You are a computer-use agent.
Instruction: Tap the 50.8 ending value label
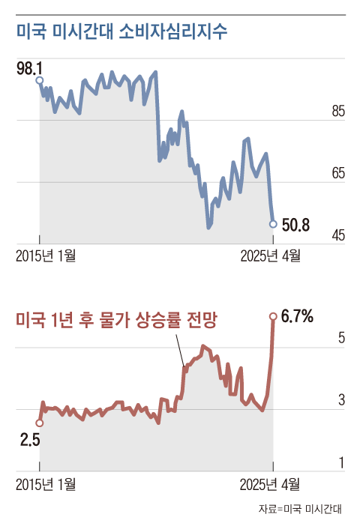(x=295, y=224)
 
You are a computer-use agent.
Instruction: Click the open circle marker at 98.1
(x=40, y=80)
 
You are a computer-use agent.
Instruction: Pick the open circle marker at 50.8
(x=273, y=224)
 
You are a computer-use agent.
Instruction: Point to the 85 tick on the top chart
(x=337, y=112)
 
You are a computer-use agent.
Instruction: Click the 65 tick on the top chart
(x=337, y=174)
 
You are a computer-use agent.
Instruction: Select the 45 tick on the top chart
(x=337, y=236)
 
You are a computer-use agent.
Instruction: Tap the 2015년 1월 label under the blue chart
(x=46, y=256)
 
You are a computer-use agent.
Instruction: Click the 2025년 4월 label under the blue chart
(x=270, y=256)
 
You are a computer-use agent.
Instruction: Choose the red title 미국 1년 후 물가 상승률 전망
(x=116, y=321)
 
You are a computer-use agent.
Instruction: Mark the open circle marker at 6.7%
(x=273, y=316)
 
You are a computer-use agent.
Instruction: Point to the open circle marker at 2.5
(x=40, y=423)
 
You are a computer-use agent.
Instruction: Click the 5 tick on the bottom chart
(x=341, y=339)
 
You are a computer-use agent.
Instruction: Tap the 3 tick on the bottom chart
(x=341, y=401)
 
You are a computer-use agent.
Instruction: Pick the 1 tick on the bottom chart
(x=341, y=464)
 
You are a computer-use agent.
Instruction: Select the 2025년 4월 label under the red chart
(x=270, y=483)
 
